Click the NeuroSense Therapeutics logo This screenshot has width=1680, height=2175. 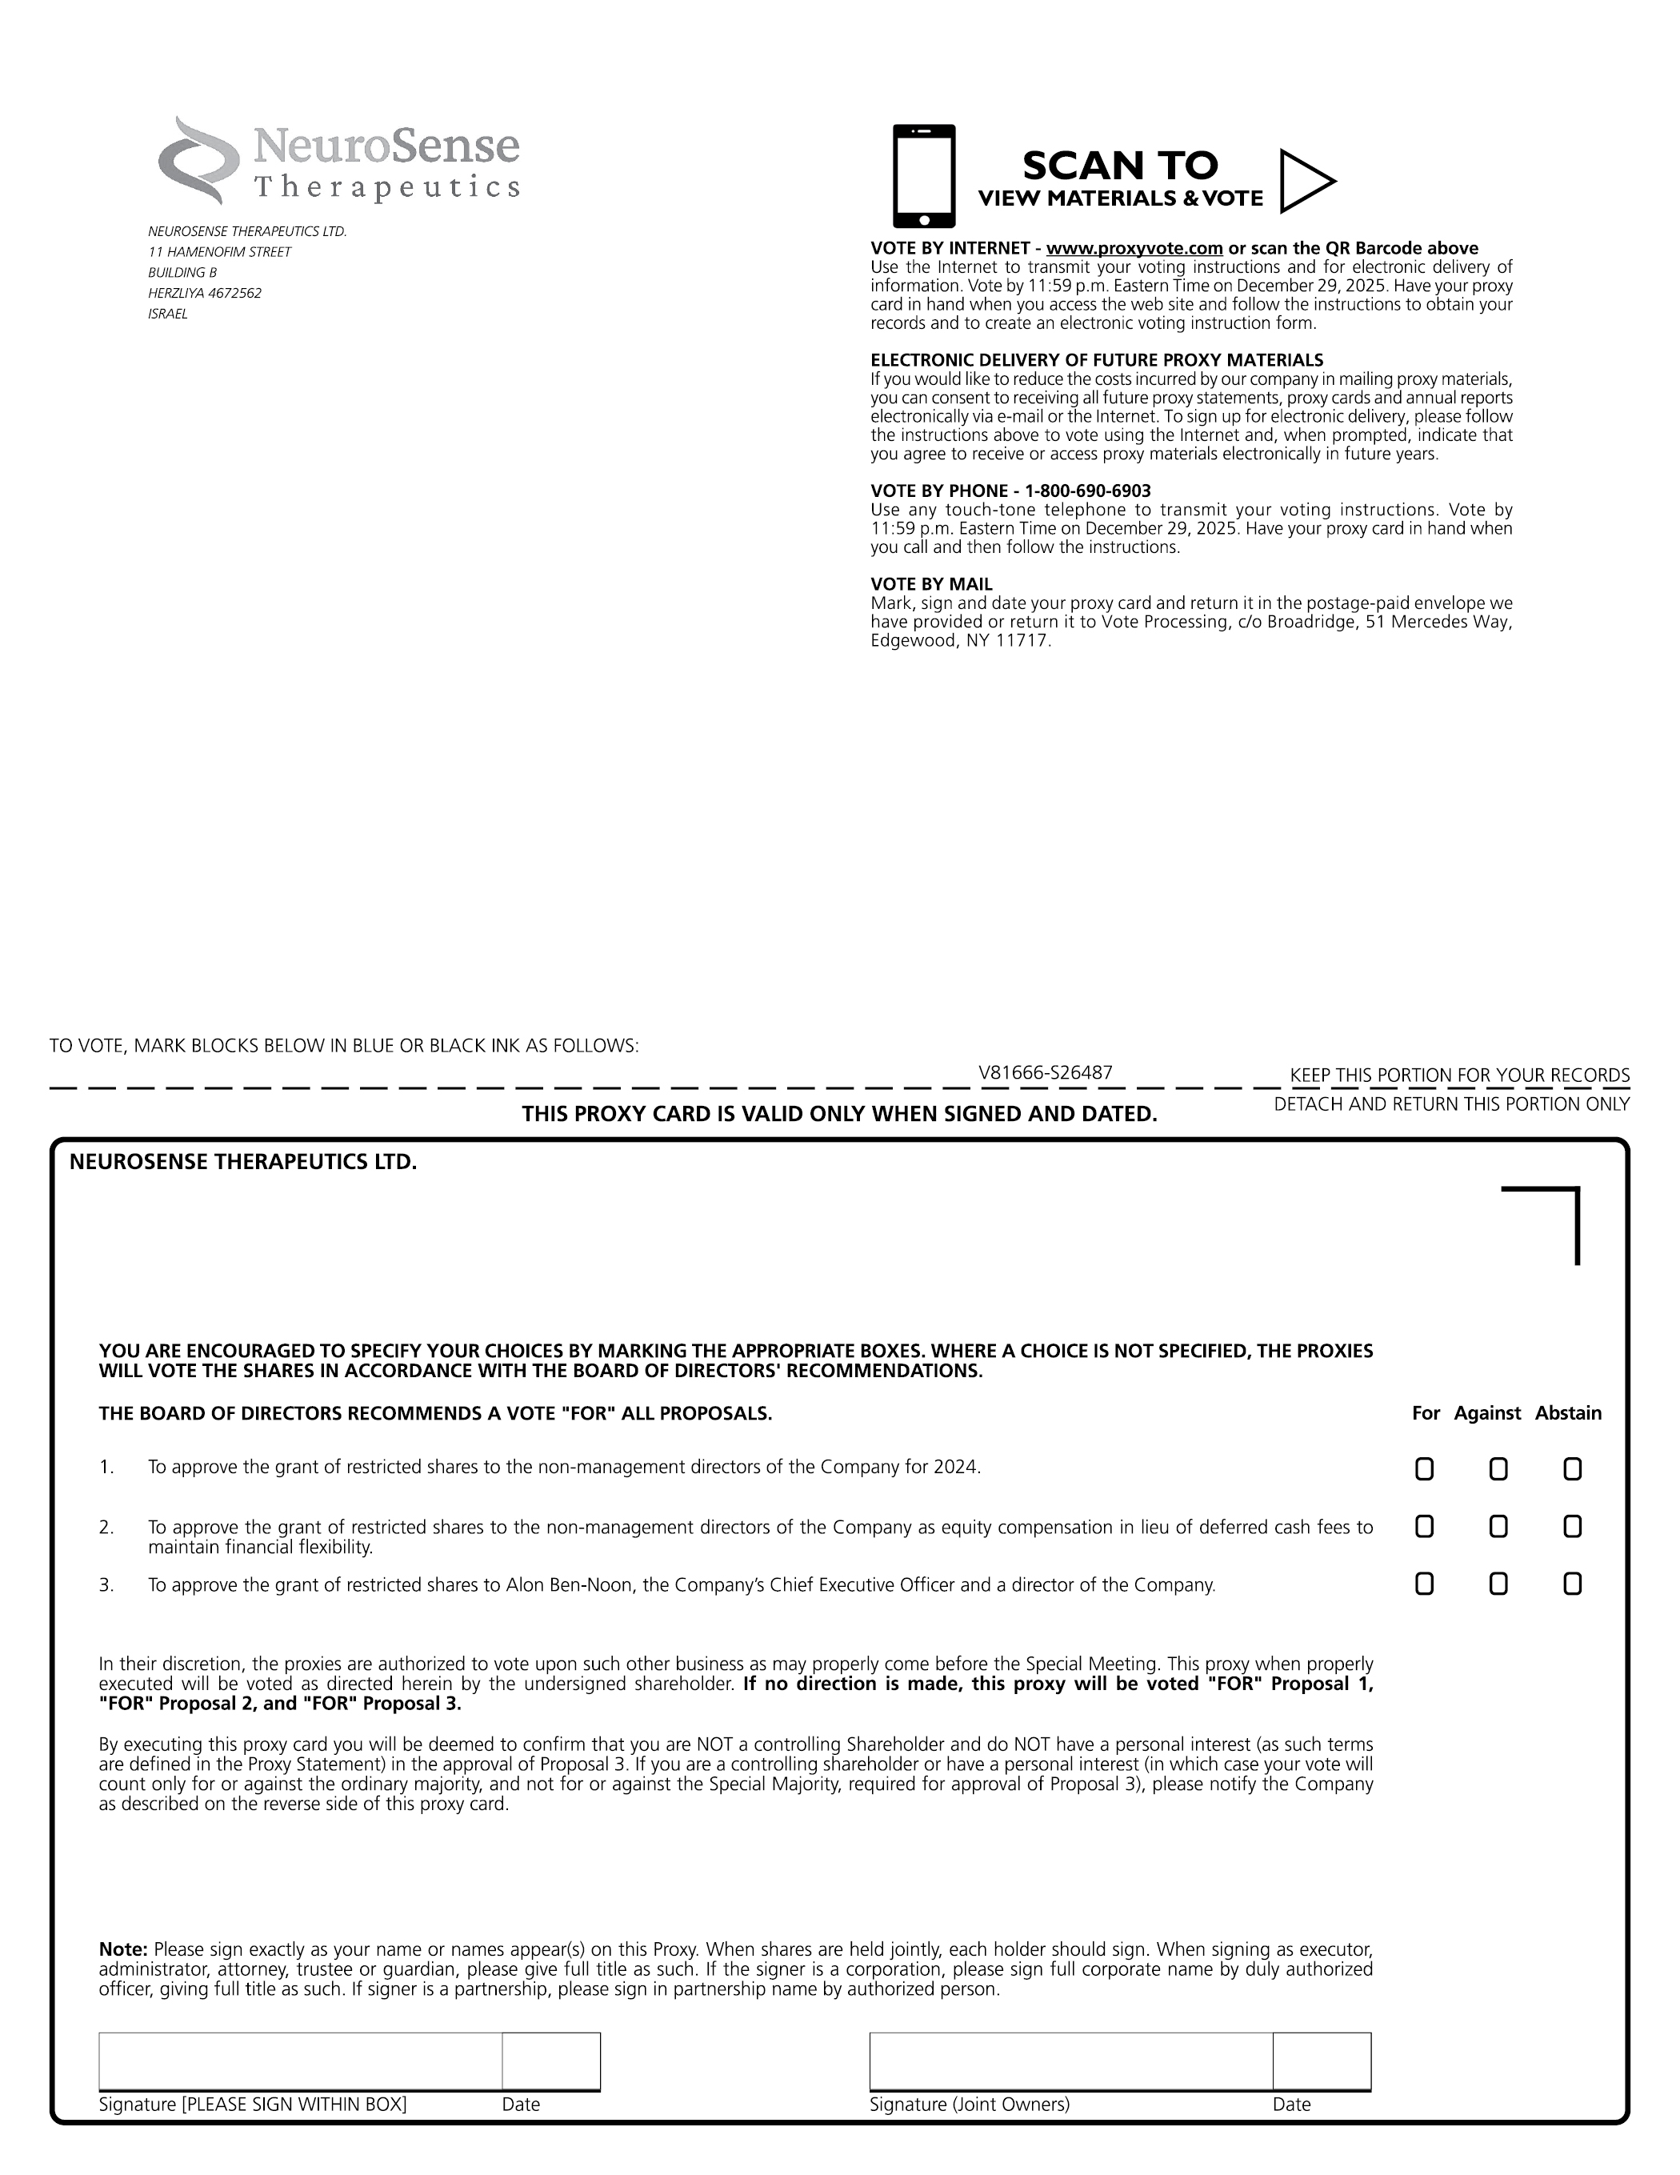[x=338, y=160]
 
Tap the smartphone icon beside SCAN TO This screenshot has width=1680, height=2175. [x=923, y=175]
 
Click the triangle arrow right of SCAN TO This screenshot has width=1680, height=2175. [x=1306, y=181]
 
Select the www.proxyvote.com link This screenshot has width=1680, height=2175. [x=1134, y=248]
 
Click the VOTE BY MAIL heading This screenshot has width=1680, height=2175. [x=931, y=585]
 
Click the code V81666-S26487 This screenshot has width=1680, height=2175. [x=1045, y=1072]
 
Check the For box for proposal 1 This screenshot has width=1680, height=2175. [x=1424, y=1469]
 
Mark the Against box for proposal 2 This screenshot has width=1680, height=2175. [x=1498, y=1527]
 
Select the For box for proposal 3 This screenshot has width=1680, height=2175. [x=1424, y=1584]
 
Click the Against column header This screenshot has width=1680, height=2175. [x=1487, y=1413]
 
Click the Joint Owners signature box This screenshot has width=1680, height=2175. [x=1070, y=2061]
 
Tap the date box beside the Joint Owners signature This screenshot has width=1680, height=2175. [x=1322, y=2061]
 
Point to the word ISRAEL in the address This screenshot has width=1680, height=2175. [x=167, y=314]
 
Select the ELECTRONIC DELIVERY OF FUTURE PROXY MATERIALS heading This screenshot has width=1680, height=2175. [x=1097, y=361]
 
